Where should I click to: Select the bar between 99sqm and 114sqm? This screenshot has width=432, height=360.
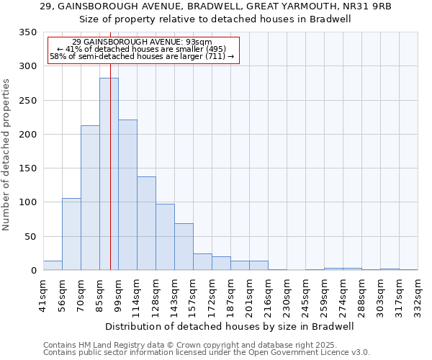127,195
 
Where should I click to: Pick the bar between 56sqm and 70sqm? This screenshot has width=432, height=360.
71,234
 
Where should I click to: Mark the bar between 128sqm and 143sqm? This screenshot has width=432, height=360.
165,238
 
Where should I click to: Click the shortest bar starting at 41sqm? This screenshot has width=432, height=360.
53,266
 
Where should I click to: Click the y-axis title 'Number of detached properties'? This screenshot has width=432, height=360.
7,155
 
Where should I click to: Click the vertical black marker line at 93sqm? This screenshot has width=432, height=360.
110,144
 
